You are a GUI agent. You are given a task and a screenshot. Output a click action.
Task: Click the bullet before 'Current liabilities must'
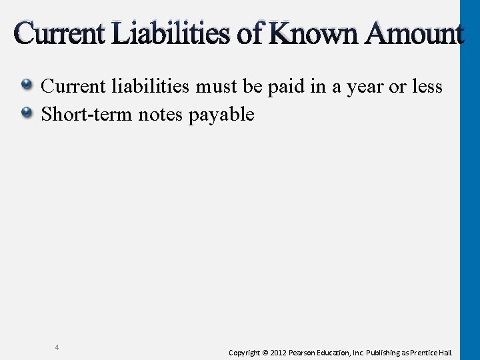point(27,85)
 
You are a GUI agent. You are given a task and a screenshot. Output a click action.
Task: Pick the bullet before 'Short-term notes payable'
point(27,113)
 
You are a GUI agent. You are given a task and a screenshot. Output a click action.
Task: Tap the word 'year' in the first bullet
point(364,87)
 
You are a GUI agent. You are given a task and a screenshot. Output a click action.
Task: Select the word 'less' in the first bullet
point(428,86)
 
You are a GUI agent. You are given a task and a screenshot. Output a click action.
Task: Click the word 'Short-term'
point(87,114)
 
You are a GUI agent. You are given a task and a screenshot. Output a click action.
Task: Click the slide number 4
point(57,347)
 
